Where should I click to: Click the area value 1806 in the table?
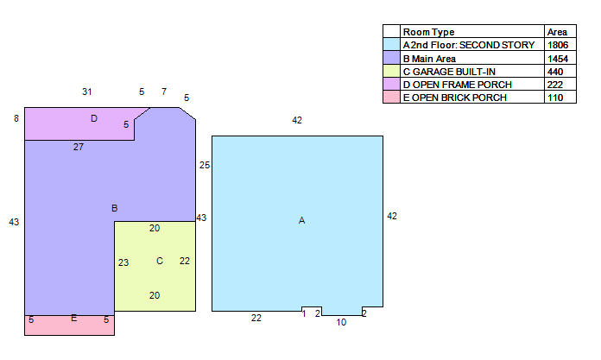(558, 45)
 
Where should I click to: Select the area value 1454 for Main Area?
(558, 59)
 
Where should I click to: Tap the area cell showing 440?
(555, 72)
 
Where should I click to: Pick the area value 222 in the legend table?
(555, 85)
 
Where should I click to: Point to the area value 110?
(555, 98)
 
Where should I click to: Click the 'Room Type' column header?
(428, 32)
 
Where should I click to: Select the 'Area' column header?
(557, 32)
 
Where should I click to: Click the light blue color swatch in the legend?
(391, 44)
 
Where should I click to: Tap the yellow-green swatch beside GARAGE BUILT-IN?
(391, 72)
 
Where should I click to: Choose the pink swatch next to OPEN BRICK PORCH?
(391, 98)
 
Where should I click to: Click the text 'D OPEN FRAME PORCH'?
(458, 85)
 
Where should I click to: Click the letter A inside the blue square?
(301, 220)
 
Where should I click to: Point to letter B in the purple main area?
(114, 208)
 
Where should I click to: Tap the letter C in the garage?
(160, 261)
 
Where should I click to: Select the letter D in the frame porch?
(94, 118)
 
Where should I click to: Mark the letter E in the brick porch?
(74, 318)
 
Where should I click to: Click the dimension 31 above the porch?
(86, 92)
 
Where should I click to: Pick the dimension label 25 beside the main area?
(205, 165)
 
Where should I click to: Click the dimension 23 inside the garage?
(123, 262)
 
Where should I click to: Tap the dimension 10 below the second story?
(341, 322)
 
